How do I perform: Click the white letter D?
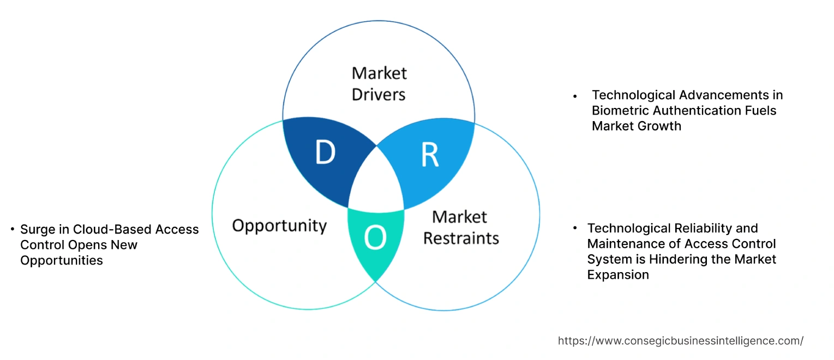325,152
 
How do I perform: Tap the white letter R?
430,155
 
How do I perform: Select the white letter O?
375,237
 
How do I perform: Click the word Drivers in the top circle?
379,94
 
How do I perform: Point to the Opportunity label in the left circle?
279,226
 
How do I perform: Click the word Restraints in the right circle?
461,238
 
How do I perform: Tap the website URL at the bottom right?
681,341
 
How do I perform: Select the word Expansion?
618,275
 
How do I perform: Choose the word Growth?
659,126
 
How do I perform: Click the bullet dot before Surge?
13,229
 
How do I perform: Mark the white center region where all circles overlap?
376,182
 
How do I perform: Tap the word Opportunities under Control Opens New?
62,261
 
